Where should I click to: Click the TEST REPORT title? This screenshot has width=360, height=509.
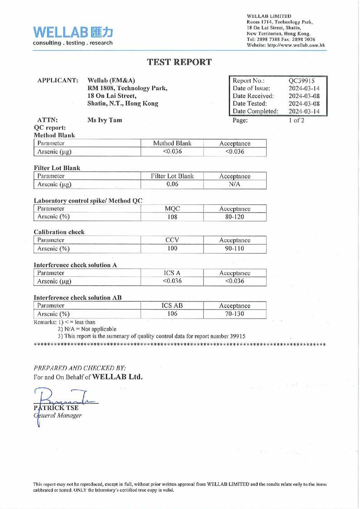[179, 63]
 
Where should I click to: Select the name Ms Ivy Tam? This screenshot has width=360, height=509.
[104, 120]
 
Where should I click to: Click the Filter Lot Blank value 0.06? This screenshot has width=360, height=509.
[172, 184]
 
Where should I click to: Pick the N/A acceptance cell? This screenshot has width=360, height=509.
[234, 184]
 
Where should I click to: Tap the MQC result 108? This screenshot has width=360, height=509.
[172, 217]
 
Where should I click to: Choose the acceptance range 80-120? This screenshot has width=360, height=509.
[234, 217]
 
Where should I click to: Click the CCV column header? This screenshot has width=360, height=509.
[172, 240]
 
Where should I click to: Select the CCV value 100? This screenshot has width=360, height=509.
[172, 249]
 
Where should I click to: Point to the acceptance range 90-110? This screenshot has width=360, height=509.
[234, 249]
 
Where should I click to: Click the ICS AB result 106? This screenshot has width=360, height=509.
[172, 314]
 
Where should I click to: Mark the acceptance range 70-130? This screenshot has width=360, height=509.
[234, 314]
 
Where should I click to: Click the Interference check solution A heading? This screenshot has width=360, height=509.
[75, 265]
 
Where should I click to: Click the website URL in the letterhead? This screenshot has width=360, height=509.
[286, 45]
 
